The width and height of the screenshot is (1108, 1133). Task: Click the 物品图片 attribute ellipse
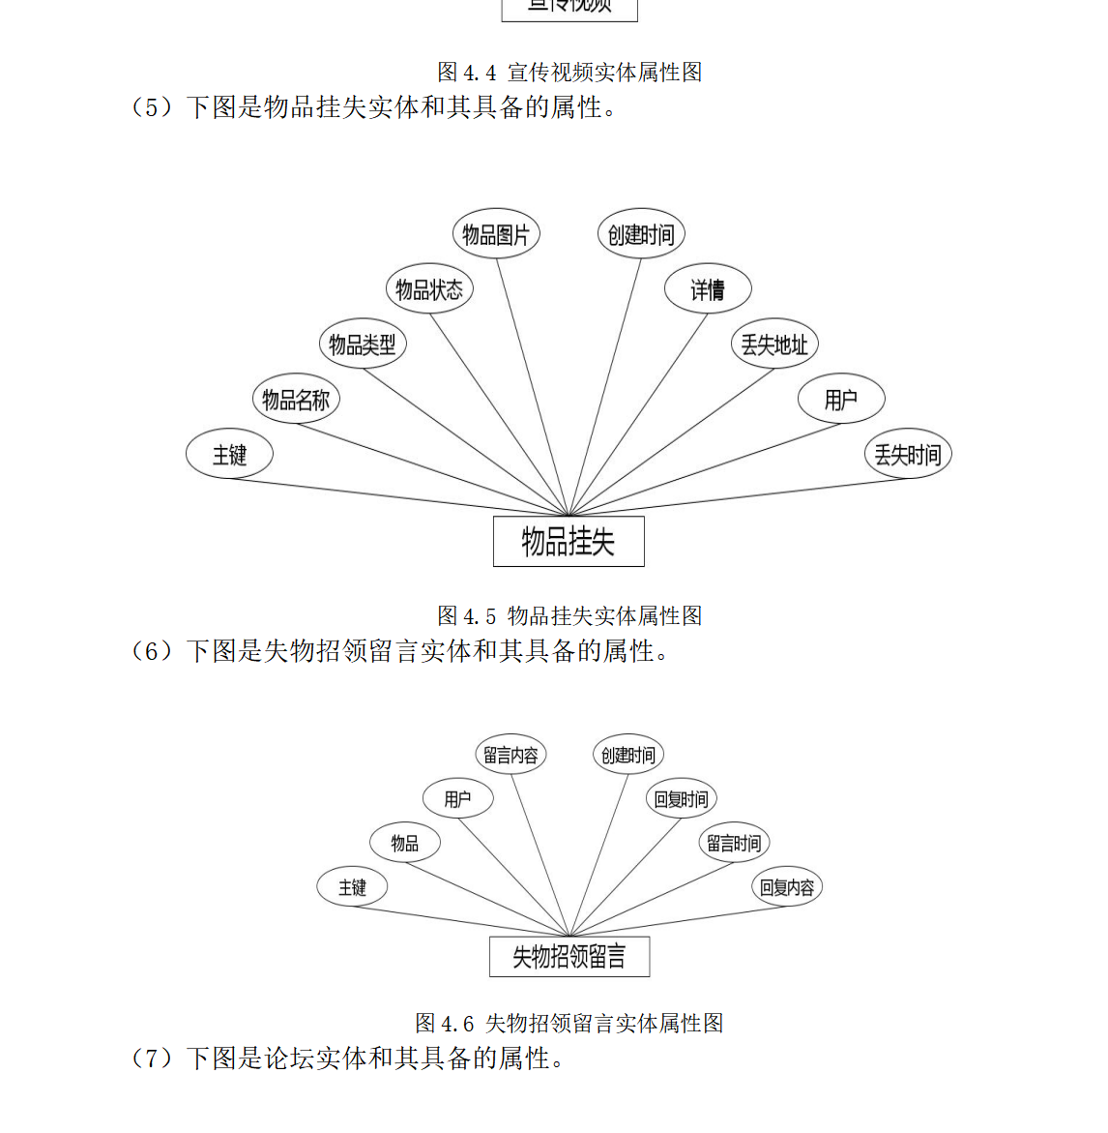[496, 234]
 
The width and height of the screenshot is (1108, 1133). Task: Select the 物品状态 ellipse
[429, 289]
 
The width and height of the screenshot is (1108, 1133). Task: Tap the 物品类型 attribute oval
[363, 344]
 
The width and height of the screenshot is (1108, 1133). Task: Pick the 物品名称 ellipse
[296, 400]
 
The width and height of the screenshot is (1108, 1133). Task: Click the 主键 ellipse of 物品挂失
[230, 455]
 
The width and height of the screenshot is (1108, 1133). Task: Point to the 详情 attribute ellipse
[708, 289]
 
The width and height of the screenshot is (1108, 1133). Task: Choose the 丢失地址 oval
[774, 344]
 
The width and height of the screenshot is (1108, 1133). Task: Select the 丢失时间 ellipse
[908, 455]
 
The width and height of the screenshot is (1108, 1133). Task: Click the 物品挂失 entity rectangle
[569, 542]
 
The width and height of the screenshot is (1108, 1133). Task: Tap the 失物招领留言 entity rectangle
[569, 957]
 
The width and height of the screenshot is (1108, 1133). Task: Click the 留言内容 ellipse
[510, 756]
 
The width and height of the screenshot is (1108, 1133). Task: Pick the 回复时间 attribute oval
[681, 799]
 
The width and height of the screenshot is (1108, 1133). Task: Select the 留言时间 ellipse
[734, 844]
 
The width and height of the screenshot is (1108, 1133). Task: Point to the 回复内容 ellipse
[787, 887]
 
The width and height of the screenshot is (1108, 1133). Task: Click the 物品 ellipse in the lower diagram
[405, 844]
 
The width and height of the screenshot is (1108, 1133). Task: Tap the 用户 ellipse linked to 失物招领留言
[458, 799]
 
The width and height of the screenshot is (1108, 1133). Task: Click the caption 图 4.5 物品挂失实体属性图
[569, 615]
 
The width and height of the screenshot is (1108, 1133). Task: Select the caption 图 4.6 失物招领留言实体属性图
[569, 1023]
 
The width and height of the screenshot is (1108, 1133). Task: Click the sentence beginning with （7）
[348, 1058]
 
